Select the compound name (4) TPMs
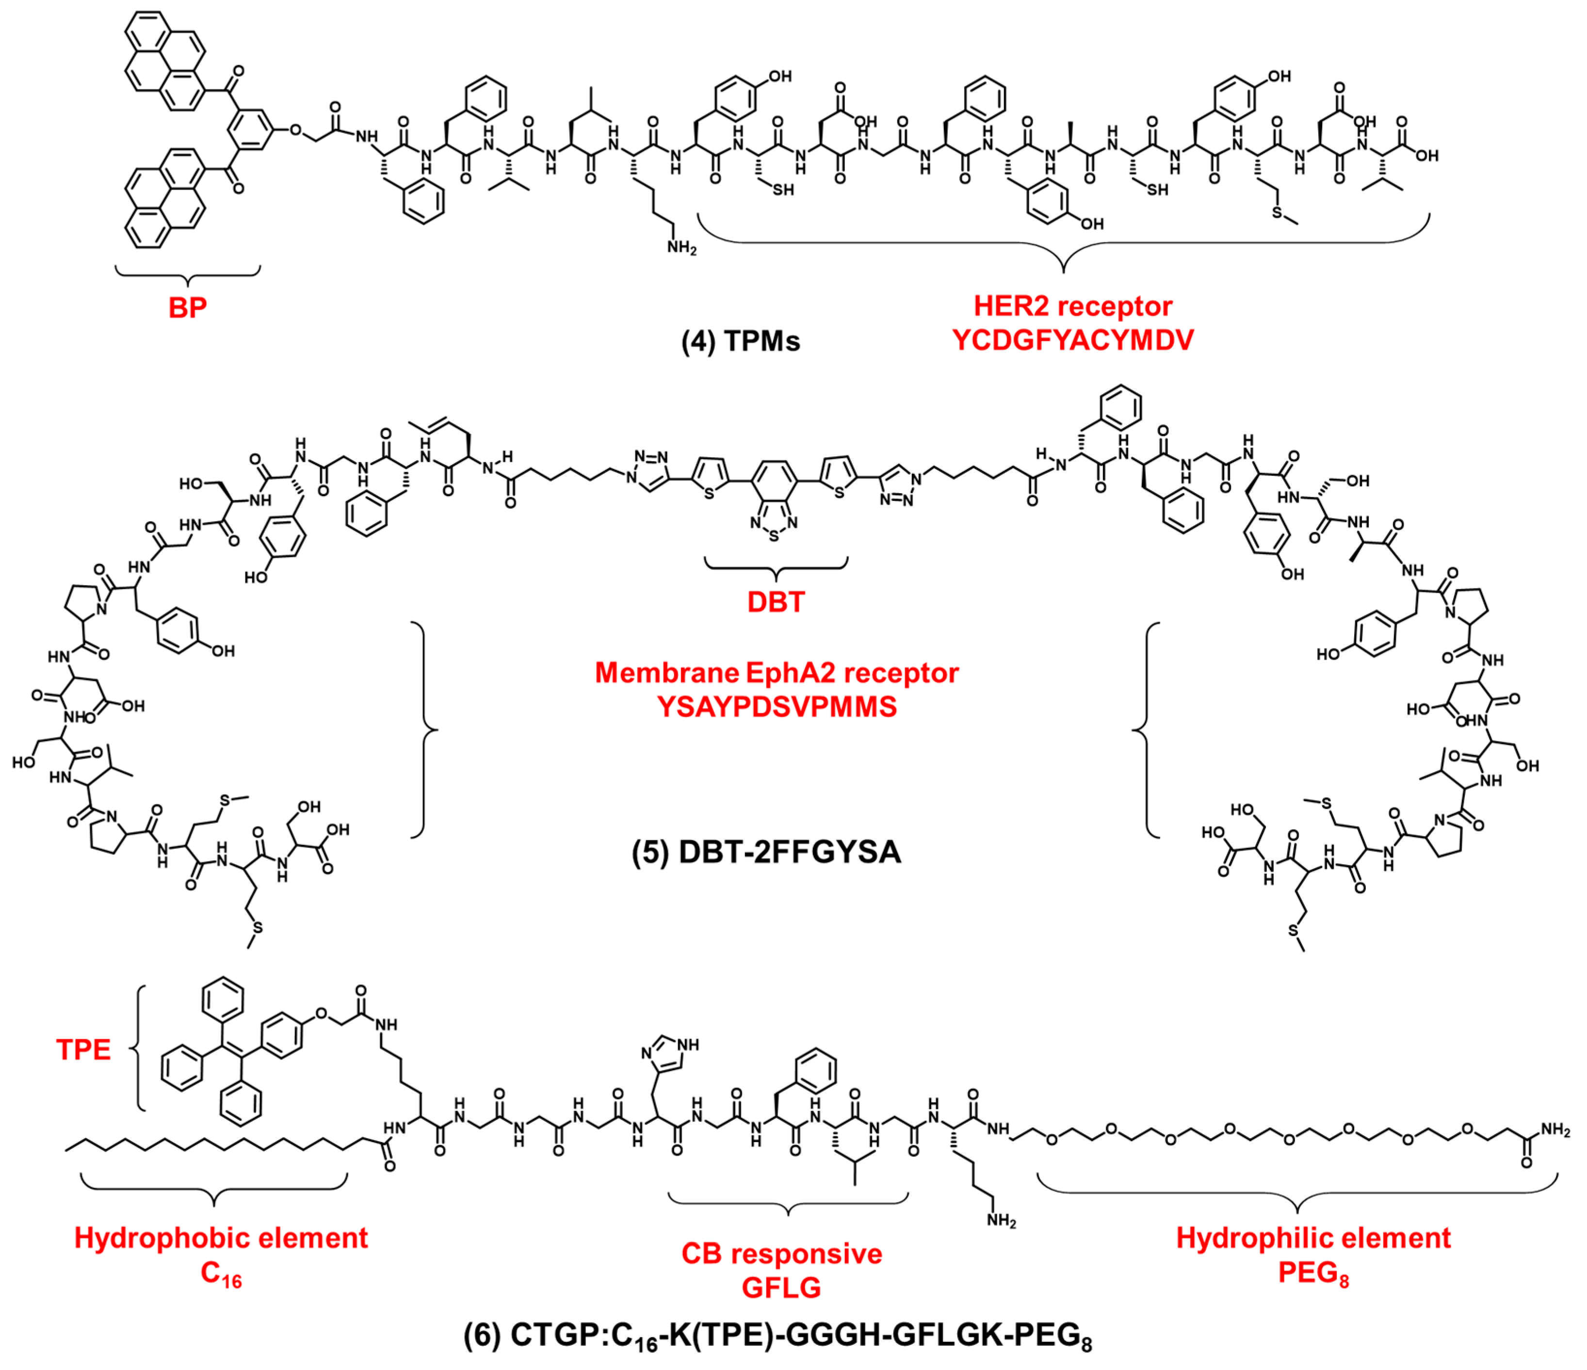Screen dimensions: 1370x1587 click(741, 341)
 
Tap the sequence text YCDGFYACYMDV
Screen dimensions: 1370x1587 click(1072, 340)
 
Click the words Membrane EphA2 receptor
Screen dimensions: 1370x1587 click(777, 672)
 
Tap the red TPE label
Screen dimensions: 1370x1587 click(83, 1049)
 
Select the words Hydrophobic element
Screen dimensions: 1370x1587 click(221, 1238)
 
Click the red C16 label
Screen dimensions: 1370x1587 click(221, 1273)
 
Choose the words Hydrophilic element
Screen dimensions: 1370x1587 click(1313, 1238)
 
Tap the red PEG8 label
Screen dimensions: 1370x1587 click(1313, 1273)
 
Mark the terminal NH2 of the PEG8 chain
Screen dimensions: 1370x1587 click(1555, 1129)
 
